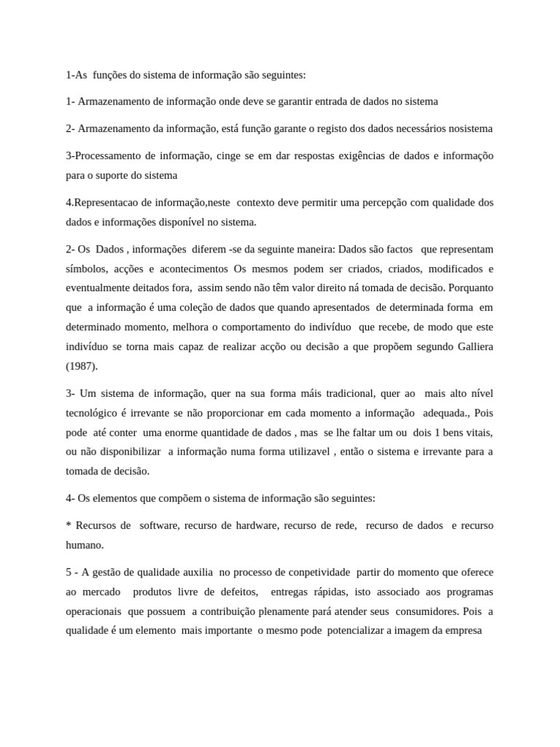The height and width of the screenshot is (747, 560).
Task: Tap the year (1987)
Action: [81, 366]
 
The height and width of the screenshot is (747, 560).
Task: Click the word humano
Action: [85, 545]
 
